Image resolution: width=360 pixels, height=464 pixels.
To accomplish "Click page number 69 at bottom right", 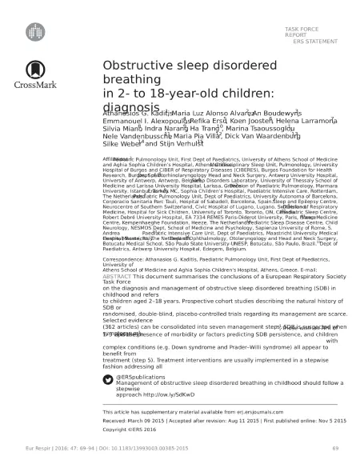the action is pos(336,449).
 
